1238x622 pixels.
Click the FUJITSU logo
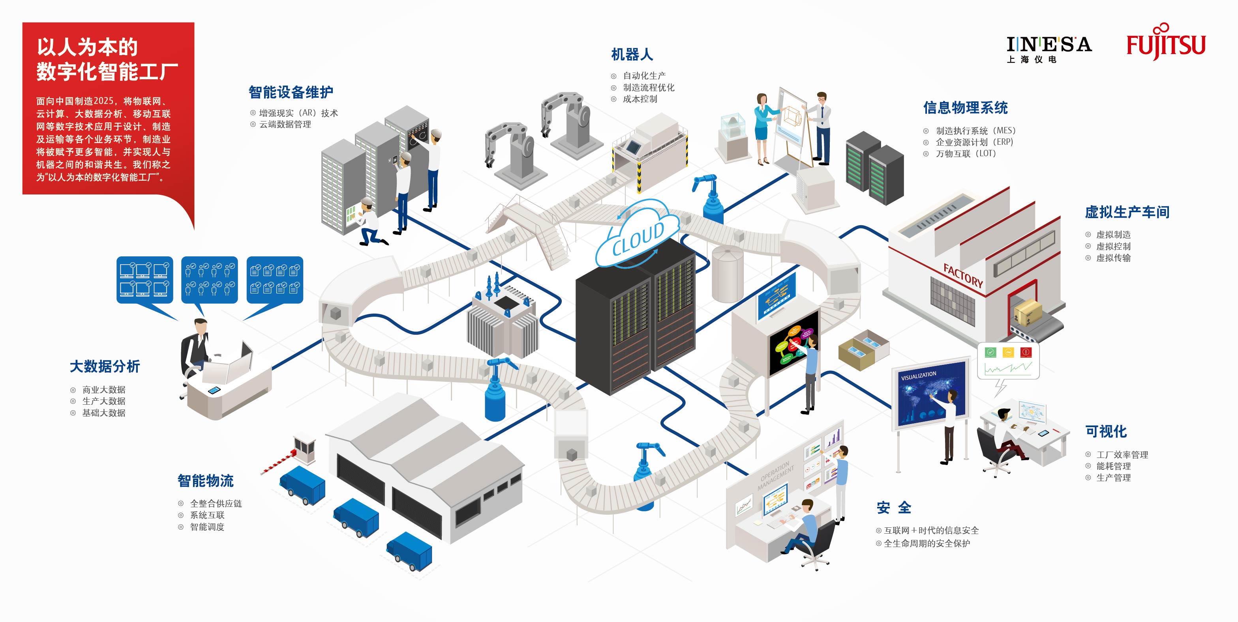point(1166,42)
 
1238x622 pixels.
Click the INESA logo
point(1049,49)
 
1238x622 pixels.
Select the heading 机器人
point(632,54)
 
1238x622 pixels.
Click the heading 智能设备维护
point(291,92)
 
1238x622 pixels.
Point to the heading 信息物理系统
point(965,108)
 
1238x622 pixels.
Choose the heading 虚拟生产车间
point(1127,212)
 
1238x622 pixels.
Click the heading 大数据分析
point(105,366)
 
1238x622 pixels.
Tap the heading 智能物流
point(206,480)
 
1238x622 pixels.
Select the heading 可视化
point(1106,431)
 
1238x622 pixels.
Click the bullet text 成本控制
point(640,99)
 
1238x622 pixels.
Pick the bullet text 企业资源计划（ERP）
point(974,142)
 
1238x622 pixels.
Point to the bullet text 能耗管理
point(1114,466)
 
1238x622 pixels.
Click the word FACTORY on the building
point(963,276)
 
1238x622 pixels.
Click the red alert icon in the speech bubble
point(1026,352)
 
